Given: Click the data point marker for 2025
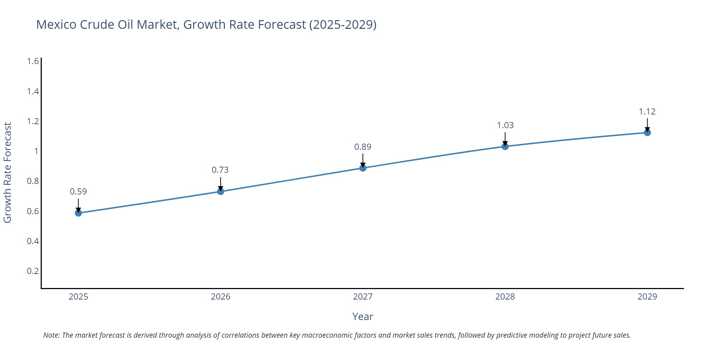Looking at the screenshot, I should coord(78,213).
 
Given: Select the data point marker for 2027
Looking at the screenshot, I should coord(363,168).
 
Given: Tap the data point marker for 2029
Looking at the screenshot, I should coord(647,132).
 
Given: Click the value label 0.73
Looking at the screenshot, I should coord(220,170).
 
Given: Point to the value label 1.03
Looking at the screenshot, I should coord(505,125).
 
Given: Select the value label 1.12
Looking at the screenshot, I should coord(647,112).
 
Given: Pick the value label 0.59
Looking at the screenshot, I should coord(78,192).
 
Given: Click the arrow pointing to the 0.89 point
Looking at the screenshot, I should coord(363,161).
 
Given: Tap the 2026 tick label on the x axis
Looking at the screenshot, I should coord(220,297).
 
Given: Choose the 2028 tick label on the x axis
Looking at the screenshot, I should coord(505,297).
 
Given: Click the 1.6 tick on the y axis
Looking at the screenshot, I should coord(33,61).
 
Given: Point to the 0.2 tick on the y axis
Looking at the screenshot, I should coord(33,271).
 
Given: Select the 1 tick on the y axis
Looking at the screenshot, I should coord(36,151).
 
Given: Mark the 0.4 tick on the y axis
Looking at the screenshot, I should coord(33,241).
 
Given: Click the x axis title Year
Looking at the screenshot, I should coord(363,317).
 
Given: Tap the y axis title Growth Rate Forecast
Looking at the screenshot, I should coord(8,172).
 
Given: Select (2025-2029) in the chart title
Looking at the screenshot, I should coord(343,24).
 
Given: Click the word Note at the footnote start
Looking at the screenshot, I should coord(51,335).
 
